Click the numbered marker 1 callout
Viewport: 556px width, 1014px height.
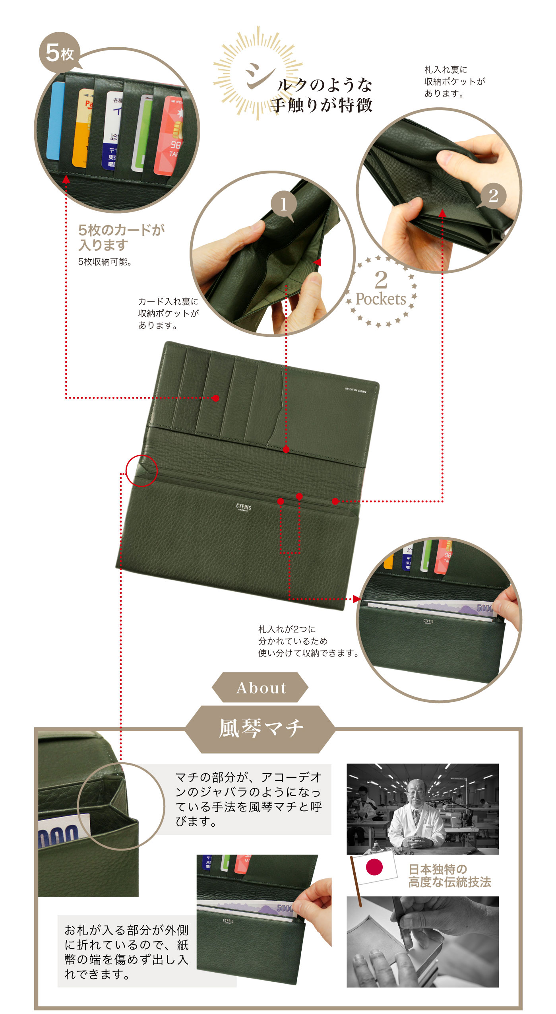pyautogui.click(x=284, y=204)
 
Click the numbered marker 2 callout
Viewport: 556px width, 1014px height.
pyautogui.click(x=493, y=196)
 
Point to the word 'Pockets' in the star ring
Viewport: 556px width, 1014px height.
pyautogui.click(x=380, y=299)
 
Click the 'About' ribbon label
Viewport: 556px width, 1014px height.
pyautogui.click(x=261, y=688)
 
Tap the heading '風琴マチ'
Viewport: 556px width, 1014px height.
pyautogui.click(x=261, y=728)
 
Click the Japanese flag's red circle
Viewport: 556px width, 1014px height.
pyautogui.click(x=374, y=867)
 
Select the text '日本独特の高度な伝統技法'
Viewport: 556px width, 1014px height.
pyautogui.click(x=449, y=875)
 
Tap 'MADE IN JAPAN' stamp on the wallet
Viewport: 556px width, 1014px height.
pyautogui.click(x=356, y=390)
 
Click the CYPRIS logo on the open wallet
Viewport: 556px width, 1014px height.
pyautogui.click(x=243, y=507)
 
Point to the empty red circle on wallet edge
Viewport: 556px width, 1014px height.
pyautogui.click(x=141, y=470)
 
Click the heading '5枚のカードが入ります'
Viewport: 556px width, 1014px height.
pyautogui.click(x=121, y=237)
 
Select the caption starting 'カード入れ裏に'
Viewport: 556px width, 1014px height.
pyautogui.click(x=168, y=313)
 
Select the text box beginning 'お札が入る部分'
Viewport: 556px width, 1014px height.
pyautogui.click(x=126, y=952)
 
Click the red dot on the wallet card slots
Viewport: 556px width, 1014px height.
pyautogui.click(x=215, y=398)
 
